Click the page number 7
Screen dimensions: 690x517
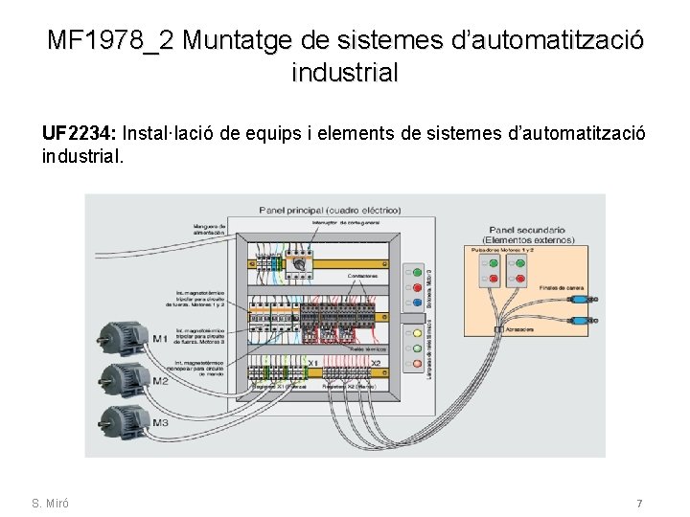click(639, 504)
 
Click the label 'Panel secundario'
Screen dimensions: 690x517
click(526, 230)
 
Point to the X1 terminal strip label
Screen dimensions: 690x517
click(312, 363)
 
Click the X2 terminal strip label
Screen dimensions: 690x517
click(376, 363)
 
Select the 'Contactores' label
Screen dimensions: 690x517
click(362, 276)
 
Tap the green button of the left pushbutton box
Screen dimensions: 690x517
click(493, 262)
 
